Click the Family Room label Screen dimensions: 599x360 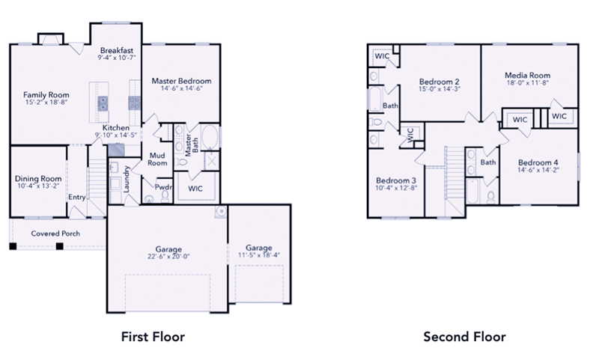(46, 94)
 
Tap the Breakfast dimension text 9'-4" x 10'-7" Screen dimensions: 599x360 (117, 58)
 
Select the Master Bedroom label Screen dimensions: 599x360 (181, 81)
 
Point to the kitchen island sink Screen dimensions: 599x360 (103, 103)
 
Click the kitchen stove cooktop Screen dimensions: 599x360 (135, 103)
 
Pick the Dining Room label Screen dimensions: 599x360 (38, 179)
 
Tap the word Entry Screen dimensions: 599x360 (77, 198)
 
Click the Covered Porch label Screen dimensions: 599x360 (55, 234)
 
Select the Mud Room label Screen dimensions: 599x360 (157, 159)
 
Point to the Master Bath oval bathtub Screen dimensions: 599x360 (210, 137)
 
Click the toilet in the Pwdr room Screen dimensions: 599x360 (165, 196)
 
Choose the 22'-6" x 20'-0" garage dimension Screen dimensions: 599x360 (168, 257)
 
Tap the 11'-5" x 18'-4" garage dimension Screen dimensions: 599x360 (259, 255)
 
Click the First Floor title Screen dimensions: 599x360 (153, 337)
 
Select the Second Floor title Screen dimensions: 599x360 (464, 337)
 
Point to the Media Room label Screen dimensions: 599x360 (528, 75)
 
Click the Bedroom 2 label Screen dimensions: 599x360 (440, 82)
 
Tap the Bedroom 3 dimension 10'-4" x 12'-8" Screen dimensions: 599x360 (396, 188)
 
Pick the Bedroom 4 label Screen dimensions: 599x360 (538, 162)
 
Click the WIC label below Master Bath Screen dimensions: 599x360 (195, 189)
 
